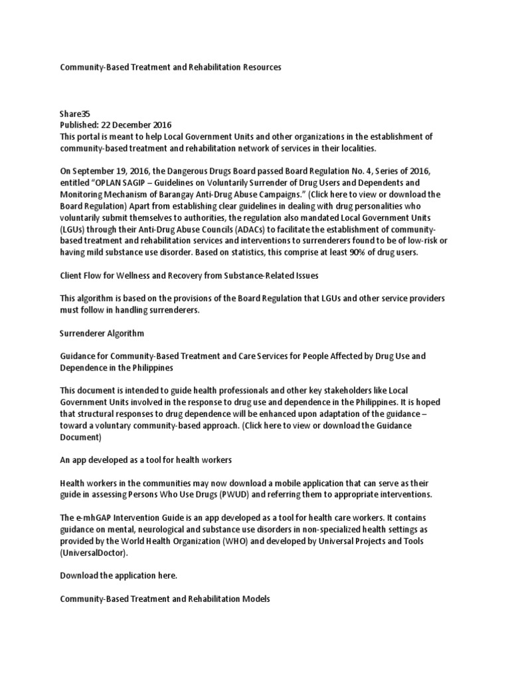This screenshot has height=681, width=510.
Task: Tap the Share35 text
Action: [x=74, y=114]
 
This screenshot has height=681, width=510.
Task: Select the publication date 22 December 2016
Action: [x=139, y=125]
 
